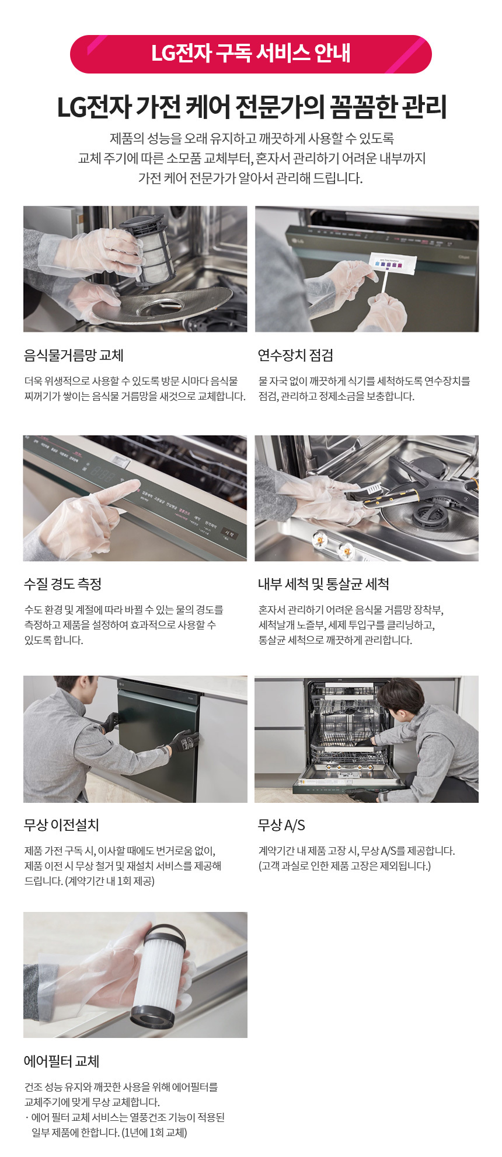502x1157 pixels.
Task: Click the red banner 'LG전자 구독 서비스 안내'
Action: (x=251, y=54)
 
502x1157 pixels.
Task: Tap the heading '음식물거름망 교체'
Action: (x=74, y=355)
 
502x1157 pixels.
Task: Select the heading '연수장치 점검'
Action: (x=295, y=355)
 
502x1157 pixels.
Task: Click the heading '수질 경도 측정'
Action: (x=62, y=584)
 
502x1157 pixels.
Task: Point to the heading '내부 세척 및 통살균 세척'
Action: (x=323, y=584)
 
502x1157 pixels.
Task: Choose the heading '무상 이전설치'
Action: (x=61, y=825)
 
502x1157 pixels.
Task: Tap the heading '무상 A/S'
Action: (x=281, y=825)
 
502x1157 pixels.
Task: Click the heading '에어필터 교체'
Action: (x=61, y=1061)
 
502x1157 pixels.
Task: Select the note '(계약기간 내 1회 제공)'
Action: (x=110, y=881)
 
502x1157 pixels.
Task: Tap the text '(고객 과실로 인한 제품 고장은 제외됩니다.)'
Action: (x=345, y=866)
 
